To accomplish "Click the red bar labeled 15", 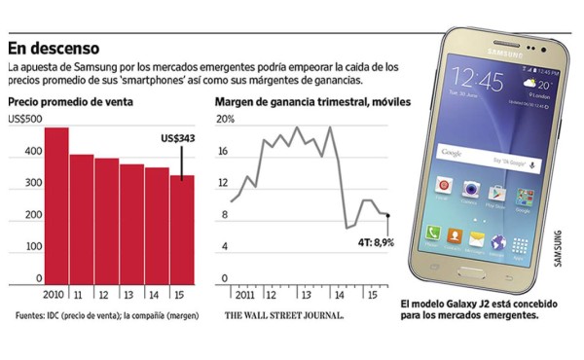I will click(x=182, y=231).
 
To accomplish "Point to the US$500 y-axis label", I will click(x=26, y=119).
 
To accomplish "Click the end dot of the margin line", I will click(x=387, y=215).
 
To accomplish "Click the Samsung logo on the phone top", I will click(x=487, y=53).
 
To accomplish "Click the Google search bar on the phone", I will click(x=488, y=155).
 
